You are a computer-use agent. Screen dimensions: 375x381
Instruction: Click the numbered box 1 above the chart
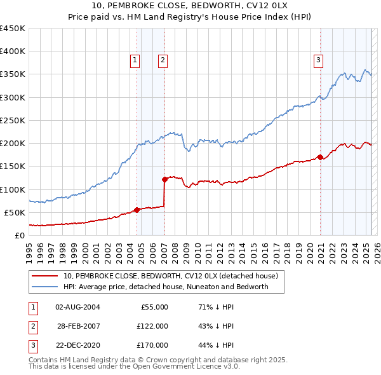[135, 60]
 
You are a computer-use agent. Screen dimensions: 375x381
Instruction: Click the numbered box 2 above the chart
[163, 60]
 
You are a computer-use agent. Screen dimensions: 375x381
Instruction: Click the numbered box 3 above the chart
[318, 60]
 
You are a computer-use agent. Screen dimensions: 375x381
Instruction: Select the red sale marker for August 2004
[137, 210]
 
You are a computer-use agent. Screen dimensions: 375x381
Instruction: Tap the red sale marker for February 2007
[164, 179]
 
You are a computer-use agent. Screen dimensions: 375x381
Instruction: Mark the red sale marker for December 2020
[320, 157]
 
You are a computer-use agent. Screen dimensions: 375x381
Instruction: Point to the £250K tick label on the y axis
[13, 120]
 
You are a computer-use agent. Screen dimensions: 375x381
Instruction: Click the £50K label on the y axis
[15, 212]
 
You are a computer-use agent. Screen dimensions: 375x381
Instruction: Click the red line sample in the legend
[45, 276]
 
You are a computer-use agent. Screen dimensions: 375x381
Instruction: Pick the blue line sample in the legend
[45, 287]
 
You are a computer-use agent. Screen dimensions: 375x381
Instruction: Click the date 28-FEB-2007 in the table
[78, 325]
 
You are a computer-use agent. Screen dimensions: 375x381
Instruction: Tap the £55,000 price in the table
[154, 306]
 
